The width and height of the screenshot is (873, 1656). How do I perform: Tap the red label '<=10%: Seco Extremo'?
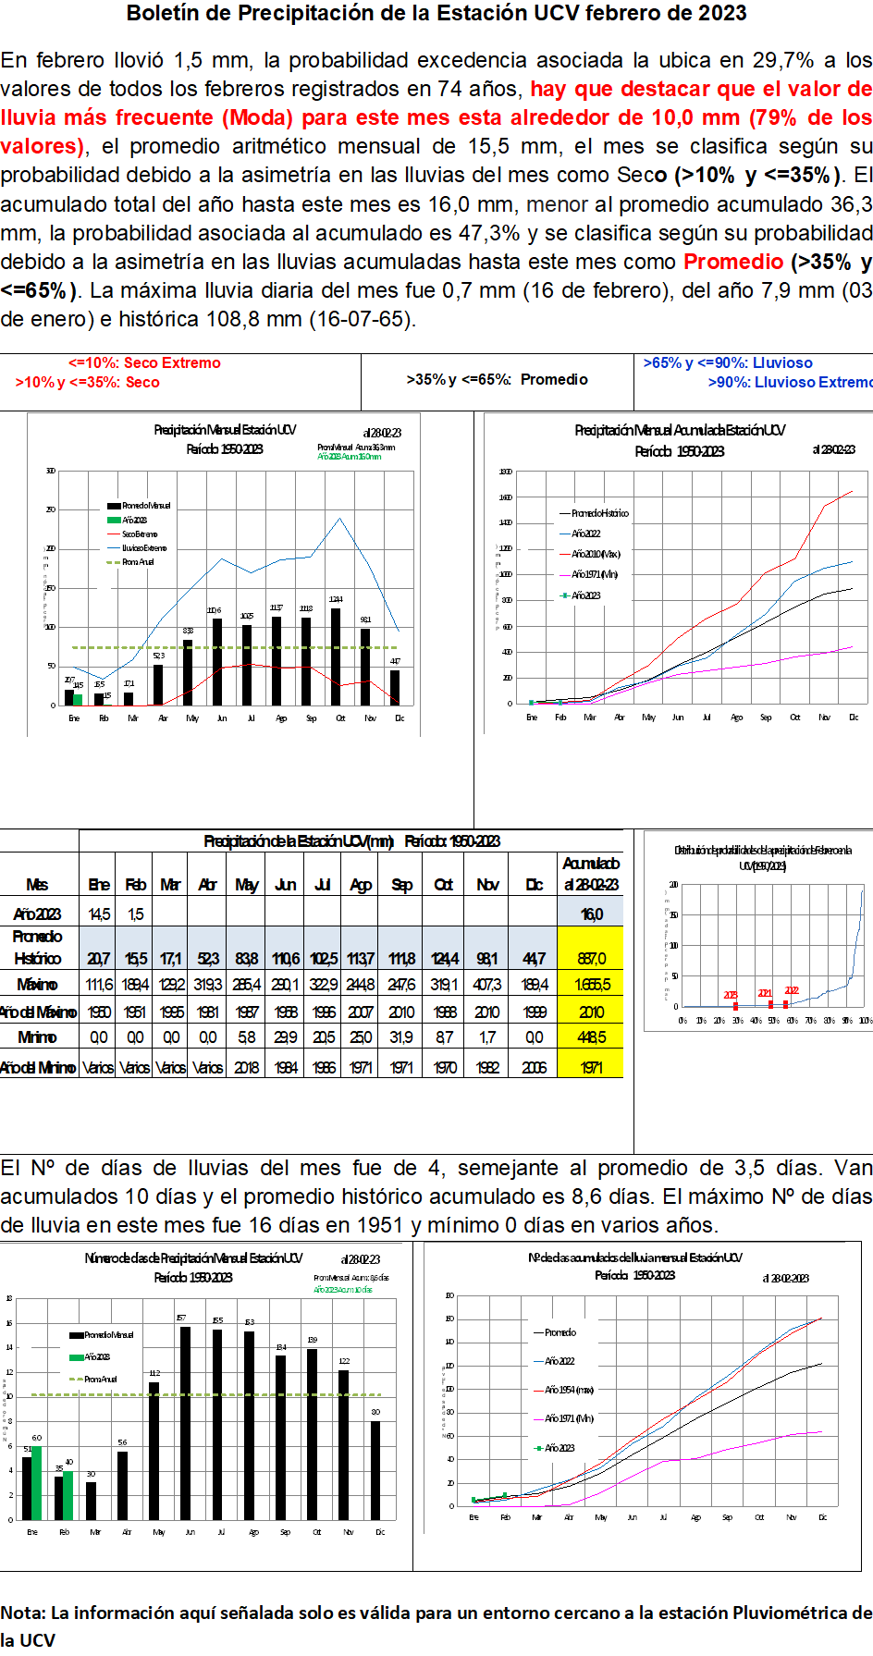[x=144, y=363]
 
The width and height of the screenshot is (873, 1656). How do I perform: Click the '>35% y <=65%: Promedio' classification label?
[x=497, y=380]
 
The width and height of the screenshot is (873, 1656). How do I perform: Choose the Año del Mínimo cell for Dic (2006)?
[x=534, y=1068]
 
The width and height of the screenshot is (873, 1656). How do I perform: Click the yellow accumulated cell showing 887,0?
[x=591, y=959]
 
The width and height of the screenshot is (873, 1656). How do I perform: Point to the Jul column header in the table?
[x=322, y=885]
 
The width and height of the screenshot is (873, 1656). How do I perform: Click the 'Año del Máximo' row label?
[x=39, y=1012]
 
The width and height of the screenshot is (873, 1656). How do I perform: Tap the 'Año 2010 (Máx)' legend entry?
[x=596, y=554]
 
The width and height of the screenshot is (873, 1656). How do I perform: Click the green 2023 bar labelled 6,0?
[x=37, y=1483]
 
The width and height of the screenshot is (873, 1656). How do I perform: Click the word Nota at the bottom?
[x=21, y=1613]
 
